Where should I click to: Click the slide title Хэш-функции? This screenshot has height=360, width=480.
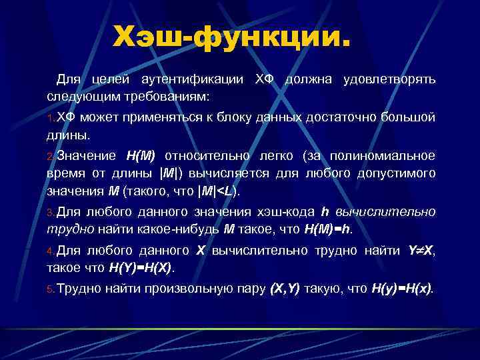pos(231,37)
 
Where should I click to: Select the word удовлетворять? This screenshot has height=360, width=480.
pos(389,79)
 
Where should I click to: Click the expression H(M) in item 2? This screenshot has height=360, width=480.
pos(141,156)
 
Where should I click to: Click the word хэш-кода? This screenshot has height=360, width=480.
pos(290,212)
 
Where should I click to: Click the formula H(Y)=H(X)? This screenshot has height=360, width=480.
pos(141,269)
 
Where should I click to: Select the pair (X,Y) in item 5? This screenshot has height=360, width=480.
pos(284,289)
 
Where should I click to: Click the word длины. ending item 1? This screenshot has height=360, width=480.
pos(67,135)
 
